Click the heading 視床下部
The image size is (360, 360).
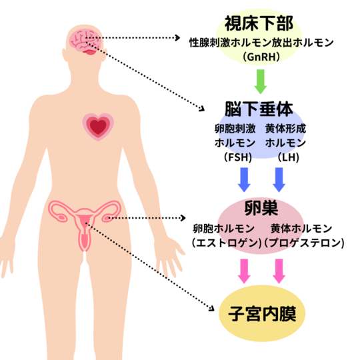259,23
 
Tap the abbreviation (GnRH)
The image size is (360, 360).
261,57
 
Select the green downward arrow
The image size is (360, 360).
261,81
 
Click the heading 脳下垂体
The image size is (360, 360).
259,109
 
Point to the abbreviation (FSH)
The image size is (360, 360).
238,157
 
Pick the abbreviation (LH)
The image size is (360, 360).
289,157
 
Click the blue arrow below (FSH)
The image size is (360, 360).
244,180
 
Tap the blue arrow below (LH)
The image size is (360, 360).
279,180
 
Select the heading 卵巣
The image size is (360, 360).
261,208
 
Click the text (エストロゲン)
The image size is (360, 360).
227,243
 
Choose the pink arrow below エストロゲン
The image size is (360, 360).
244,271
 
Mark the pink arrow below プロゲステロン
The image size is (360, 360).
279,271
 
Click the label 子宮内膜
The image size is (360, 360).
262,313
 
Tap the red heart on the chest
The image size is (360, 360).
98,127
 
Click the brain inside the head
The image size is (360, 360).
85,42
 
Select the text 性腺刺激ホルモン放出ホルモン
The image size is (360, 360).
261,43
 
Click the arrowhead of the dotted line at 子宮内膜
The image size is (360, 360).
212,309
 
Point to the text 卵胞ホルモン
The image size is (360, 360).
223,229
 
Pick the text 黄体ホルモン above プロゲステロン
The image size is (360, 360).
301,229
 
